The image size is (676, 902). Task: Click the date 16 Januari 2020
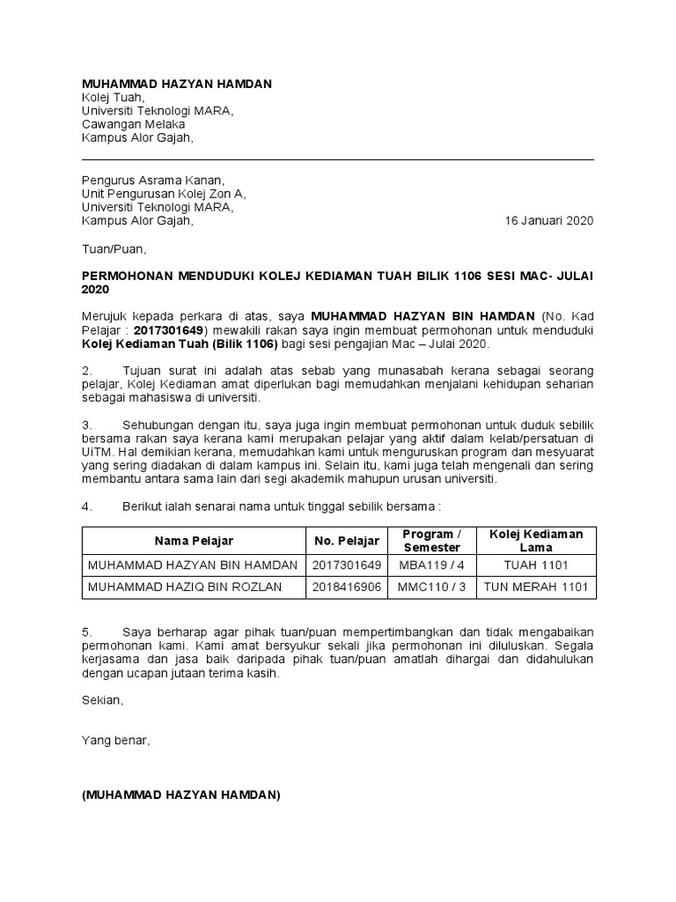548,221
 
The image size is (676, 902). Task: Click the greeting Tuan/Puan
110,248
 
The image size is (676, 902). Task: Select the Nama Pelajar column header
195,541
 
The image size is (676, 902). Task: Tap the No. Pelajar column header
347,541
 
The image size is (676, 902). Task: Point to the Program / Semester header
431,541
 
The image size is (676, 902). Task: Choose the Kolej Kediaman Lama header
536,541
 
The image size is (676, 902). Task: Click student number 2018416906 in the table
347,588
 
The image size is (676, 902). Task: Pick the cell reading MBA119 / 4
431,565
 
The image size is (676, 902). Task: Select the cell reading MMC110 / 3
431,588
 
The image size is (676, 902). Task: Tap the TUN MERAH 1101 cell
536,588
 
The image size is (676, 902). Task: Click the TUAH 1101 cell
536,565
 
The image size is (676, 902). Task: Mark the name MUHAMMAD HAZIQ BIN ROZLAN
184,588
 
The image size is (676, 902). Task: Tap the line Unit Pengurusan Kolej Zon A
165,194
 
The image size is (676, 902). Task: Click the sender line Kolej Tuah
113,97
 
